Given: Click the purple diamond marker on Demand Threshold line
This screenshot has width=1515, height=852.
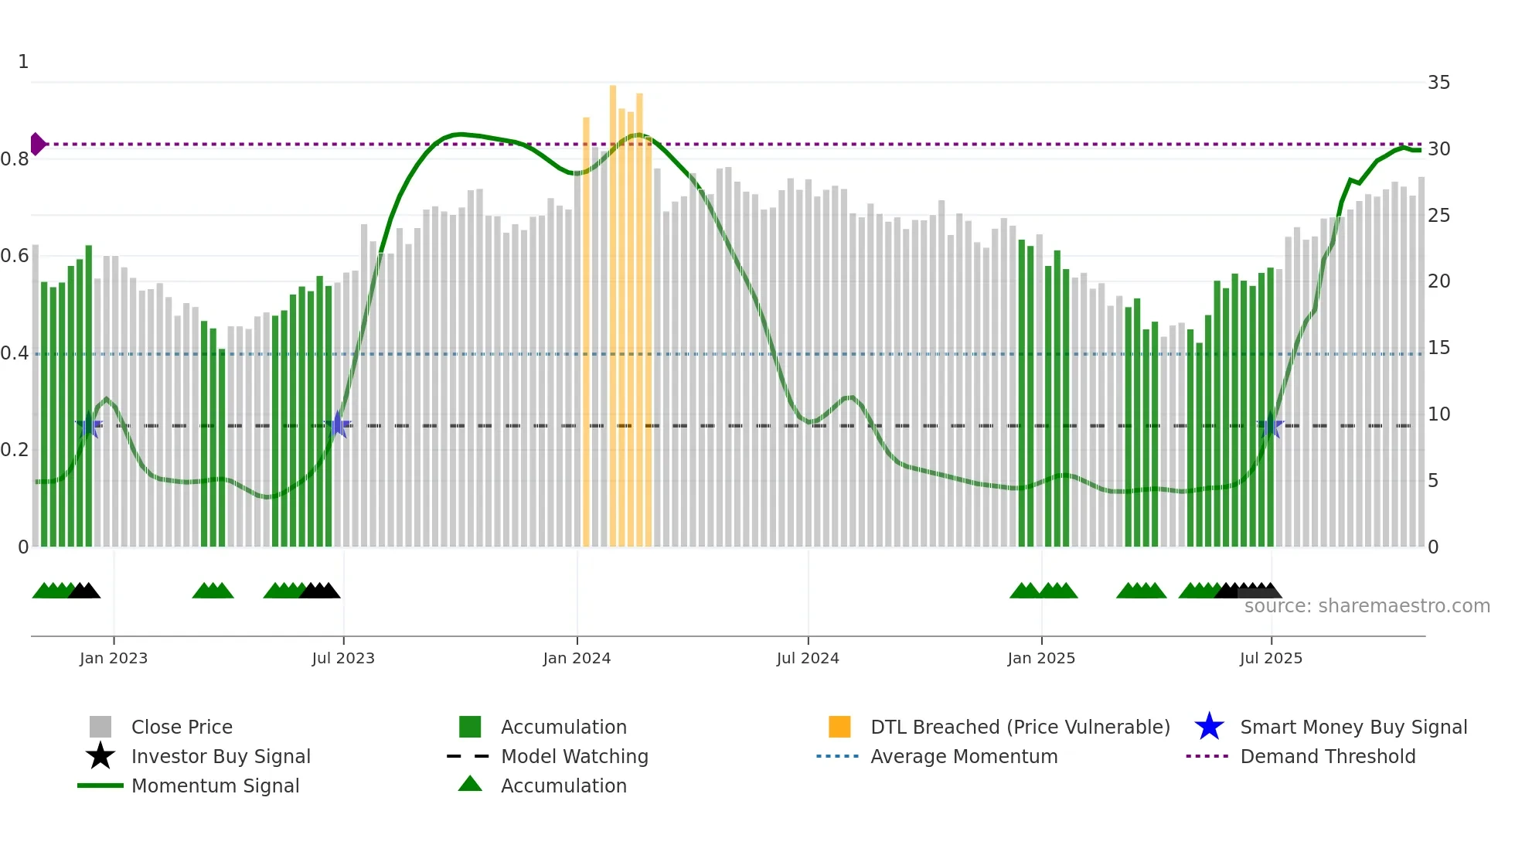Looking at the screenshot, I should click(x=37, y=144).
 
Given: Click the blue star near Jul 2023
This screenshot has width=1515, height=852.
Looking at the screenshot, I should click(x=338, y=424).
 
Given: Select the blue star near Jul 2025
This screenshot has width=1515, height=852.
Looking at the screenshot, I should click(x=1271, y=424).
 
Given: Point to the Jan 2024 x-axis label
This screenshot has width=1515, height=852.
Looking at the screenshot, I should click(x=577, y=658).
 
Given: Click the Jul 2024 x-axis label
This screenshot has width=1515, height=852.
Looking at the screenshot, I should click(x=808, y=658).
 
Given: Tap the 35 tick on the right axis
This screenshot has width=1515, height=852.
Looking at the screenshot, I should click(x=1438, y=83).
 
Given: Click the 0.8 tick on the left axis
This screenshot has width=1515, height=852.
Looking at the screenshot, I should click(x=15, y=159).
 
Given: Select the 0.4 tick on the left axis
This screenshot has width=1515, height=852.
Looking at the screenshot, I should click(x=15, y=353).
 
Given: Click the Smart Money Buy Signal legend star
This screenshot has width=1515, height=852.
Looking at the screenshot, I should click(x=1209, y=727).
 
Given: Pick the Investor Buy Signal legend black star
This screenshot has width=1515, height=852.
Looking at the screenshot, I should click(x=100, y=756).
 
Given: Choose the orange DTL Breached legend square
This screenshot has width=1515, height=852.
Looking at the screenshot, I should click(x=839, y=727).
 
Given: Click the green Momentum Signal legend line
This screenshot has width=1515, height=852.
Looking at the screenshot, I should click(x=100, y=786).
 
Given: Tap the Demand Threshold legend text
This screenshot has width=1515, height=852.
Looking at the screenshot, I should click(x=1327, y=756).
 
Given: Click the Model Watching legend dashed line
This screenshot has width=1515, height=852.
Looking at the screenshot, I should click(x=468, y=756).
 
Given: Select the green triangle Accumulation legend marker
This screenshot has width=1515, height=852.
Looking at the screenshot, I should click(x=470, y=784).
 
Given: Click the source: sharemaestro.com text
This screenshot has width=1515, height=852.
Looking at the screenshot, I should click(x=1367, y=606).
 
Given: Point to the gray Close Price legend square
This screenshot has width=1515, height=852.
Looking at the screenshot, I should click(x=100, y=727).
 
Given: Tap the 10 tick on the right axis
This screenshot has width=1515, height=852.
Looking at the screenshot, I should click(x=1438, y=414).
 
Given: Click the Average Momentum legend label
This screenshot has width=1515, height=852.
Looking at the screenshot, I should click(x=964, y=756).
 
